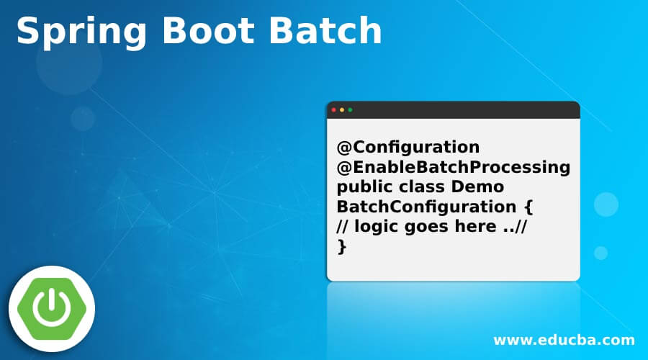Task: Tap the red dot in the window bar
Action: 333,110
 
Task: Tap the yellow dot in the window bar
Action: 342,110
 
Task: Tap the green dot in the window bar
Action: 351,110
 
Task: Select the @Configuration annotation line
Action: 408,148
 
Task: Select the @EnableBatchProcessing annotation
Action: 453,168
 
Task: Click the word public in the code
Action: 359,188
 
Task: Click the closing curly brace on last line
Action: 341,247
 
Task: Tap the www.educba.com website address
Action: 564,340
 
